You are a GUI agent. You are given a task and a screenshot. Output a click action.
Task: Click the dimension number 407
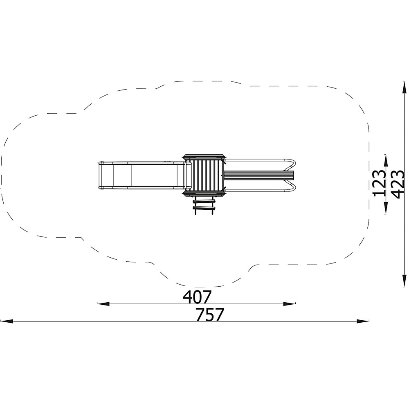(197, 297)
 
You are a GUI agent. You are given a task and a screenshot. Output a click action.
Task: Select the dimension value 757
(210, 315)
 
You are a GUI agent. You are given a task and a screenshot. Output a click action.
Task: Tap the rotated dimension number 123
(380, 183)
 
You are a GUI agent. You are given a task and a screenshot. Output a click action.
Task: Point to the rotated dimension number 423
(398, 184)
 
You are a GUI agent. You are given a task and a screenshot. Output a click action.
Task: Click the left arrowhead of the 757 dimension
(7, 321)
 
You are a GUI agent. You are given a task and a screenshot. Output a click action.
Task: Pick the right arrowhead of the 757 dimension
(363, 321)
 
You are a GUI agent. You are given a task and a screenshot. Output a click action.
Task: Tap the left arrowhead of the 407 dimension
(103, 303)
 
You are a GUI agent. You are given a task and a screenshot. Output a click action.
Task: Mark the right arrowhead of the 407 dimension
(289, 303)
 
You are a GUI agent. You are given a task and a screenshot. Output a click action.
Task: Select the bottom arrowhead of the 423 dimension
(404, 280)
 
